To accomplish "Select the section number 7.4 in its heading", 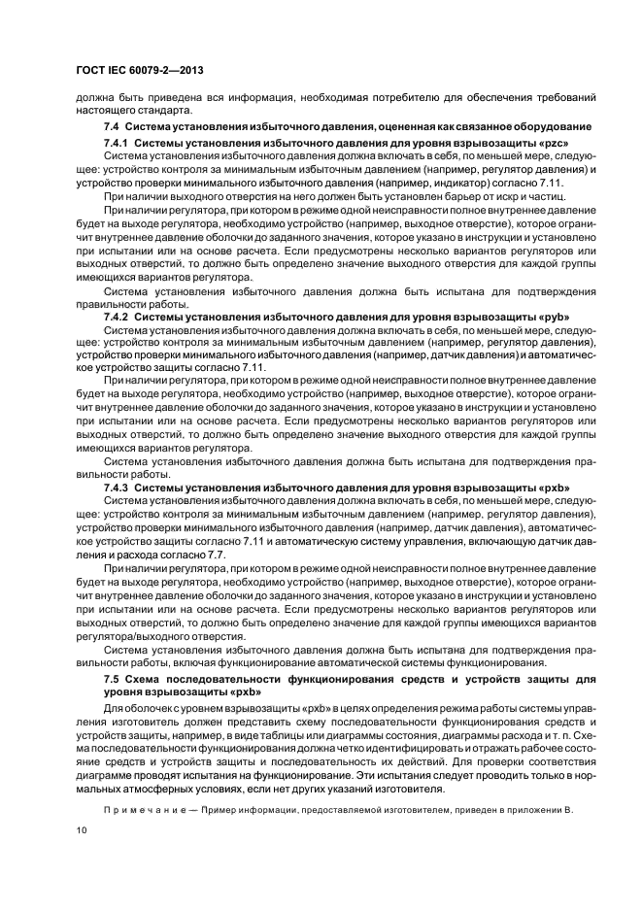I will (112, 128).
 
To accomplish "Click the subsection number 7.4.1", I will (118, 143).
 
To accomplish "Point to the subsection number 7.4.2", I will (118, 317).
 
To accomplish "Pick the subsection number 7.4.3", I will (118, 487).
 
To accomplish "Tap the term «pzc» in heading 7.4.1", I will (547, 143).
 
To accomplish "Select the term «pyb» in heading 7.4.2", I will (548, 317).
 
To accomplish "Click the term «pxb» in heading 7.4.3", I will (548, 487).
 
